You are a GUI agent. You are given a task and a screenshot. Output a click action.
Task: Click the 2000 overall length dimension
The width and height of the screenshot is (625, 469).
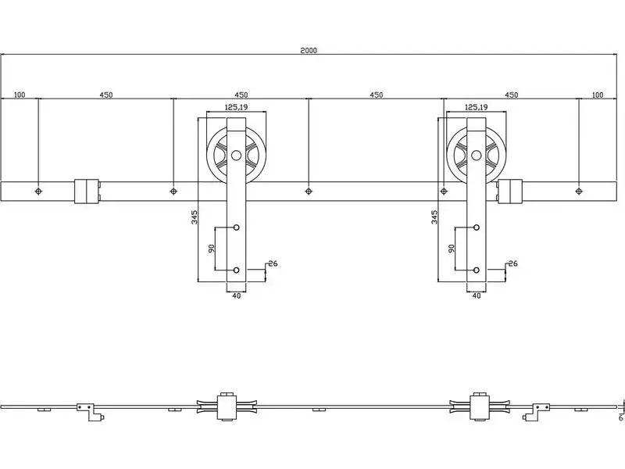tap(309, 51)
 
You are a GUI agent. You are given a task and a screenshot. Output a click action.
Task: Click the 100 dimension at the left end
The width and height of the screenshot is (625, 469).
tap(20, 95)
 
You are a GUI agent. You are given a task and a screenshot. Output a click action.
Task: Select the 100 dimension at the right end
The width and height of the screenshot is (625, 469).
tap(598, 95)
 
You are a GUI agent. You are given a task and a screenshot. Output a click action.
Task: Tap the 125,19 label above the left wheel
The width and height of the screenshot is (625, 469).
tap(237, 107)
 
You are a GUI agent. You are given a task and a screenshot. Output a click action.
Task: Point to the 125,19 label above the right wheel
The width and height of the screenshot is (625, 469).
tap(477, 107)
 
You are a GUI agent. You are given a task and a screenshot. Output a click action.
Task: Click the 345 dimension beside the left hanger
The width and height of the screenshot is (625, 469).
tap(195, 217)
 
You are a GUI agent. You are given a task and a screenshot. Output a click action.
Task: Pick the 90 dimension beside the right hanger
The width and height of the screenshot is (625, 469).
tap(452, 248)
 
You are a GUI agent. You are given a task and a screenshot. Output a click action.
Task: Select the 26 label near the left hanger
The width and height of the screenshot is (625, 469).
tap(273, 263)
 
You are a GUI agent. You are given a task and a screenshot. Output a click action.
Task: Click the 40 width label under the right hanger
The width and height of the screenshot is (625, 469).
tap(477, 296)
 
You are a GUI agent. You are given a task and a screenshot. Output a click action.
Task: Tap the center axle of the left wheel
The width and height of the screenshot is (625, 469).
tap(237, 155)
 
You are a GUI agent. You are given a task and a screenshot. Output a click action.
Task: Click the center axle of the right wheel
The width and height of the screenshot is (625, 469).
tap(477, 155)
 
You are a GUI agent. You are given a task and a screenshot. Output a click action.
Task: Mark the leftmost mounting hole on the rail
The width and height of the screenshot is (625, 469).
tap(38, 192)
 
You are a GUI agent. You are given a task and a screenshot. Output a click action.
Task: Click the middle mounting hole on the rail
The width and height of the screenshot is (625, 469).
tap(309, 192)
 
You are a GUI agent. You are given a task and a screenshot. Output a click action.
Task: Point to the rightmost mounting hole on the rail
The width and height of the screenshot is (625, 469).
tap(579, 192)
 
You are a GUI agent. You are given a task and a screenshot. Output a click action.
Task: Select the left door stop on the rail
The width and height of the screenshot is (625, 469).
tap(87, 192)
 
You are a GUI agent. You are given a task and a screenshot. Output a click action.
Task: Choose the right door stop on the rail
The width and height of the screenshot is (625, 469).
tap(510, 192)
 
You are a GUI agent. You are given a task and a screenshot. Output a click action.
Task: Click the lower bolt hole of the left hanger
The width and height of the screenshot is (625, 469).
tap(237, 270)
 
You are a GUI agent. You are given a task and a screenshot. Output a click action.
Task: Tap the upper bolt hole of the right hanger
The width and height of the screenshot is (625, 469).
tap(477, 227)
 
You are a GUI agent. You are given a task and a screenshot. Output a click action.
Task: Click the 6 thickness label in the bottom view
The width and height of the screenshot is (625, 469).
tap(620, 417)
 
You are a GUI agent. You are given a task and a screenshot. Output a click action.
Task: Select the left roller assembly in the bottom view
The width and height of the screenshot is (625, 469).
tap(227, 406)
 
